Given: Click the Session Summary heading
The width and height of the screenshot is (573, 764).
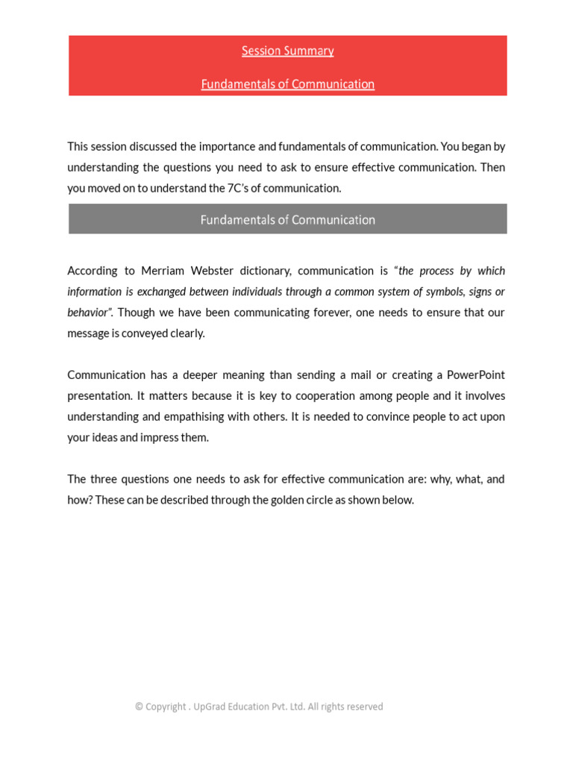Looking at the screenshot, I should [287, 51].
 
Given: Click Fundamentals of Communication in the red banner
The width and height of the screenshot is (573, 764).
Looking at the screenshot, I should [287, 84].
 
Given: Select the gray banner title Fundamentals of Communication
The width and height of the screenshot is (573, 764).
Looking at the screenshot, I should [287, 220].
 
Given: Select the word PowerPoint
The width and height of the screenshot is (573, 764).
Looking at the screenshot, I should [475, 375].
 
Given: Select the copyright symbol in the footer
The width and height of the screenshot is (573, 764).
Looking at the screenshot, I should [139, 707].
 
